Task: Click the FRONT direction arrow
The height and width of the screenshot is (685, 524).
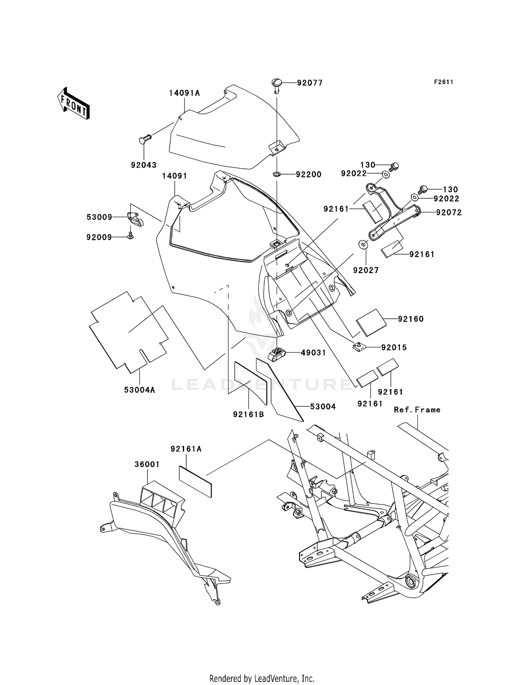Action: [x=73, y=103]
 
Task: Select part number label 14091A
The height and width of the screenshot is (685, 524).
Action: [x=184, y=93]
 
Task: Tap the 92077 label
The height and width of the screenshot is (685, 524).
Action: [x=310, y=83]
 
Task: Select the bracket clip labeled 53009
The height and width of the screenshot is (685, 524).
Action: [x=135, y=219]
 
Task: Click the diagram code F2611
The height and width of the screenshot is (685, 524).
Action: [x=444, y=82]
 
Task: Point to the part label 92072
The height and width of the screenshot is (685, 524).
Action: [x=449, y=212]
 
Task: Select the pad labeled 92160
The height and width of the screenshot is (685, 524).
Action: [x=371, y=322]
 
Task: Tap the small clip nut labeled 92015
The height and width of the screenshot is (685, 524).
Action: [x=358, y=347]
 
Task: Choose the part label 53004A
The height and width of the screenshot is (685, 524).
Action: [x=139, y=390]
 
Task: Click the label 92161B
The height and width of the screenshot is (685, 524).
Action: [x=248, y=414]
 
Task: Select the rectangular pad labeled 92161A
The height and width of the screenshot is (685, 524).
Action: [x=195, y=481]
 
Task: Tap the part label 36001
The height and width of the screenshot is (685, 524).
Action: [x=147, y=464]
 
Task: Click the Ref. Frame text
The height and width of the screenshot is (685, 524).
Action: [x=417, y=410]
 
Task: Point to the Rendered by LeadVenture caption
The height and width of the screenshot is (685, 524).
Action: [x=262, y=678]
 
